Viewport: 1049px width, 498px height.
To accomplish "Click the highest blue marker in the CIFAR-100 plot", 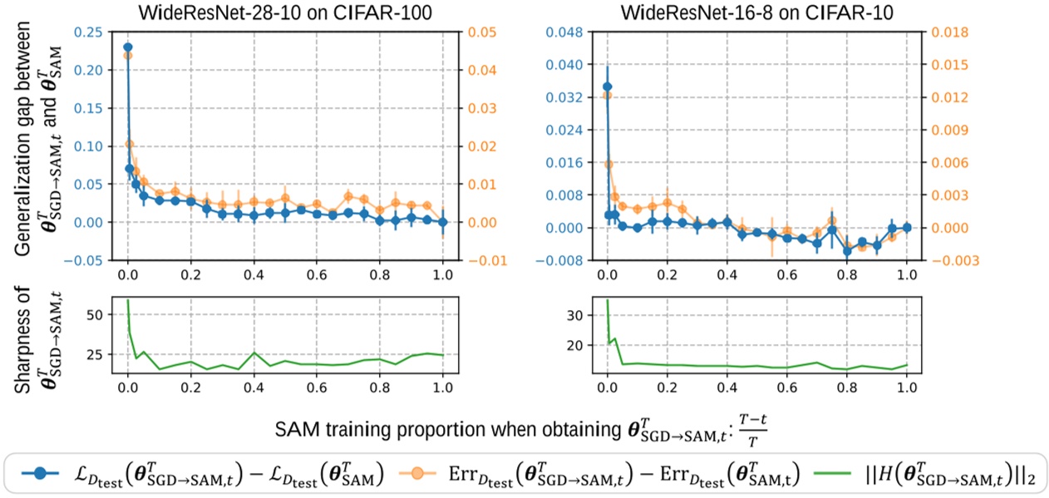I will (x=127, y=48).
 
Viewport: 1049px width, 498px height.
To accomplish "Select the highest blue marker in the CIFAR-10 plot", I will (x=607, y=86).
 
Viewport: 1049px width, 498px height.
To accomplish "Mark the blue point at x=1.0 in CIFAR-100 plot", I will (x=442, y=222).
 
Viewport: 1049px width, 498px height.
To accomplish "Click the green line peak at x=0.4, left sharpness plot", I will (x=254, y=353).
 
